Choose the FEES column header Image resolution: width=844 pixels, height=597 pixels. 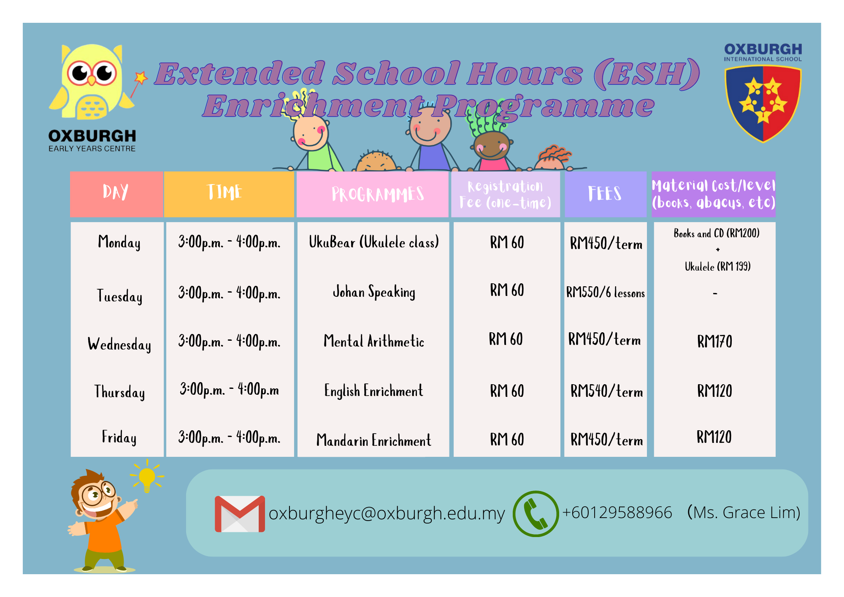(x=605, y=194)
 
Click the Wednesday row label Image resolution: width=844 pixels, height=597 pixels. (x=119, y=344)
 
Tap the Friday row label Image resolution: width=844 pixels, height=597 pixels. (x=119, y=437)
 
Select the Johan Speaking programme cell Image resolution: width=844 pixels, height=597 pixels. (x=374, y=292)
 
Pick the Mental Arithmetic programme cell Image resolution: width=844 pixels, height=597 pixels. (x=374, y=341)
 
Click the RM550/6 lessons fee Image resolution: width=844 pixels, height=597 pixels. (x=606, y=292)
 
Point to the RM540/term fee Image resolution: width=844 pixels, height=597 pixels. (x=606, y=391)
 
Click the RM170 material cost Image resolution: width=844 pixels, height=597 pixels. (x=714, y=341)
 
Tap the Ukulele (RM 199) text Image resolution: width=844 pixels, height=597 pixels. (x=717, y=266)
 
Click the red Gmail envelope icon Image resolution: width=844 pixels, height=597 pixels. (x=240, y=514)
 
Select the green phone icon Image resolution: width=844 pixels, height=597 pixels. (x=536, y=513)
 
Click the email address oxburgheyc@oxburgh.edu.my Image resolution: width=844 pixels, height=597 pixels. (x=387, y=513)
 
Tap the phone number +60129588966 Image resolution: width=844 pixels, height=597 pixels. (x=617, y=513)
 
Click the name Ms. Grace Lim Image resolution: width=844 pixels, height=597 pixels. (x=744, y=513)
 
